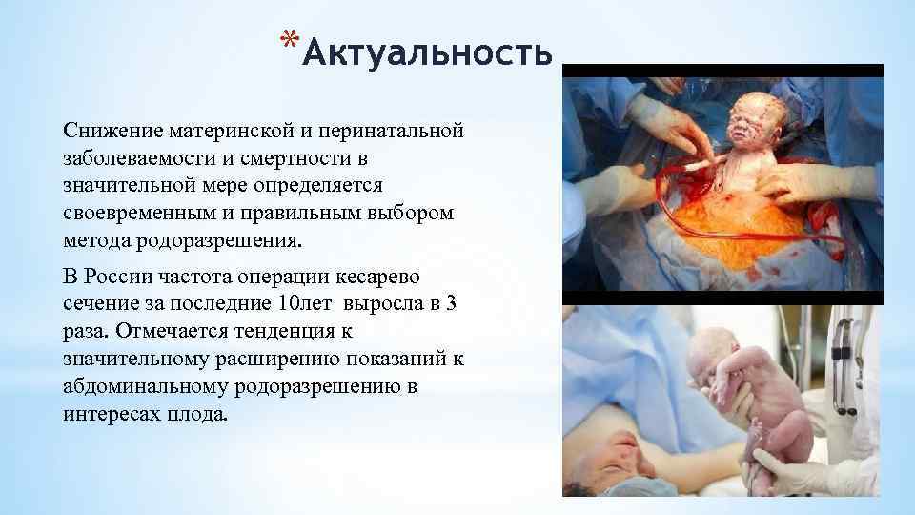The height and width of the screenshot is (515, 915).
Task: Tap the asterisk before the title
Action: (x=288, y=39)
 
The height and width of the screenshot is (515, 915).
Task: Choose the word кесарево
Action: (x=384, y=277)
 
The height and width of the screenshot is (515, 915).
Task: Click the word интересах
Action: (x=106, y=415)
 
